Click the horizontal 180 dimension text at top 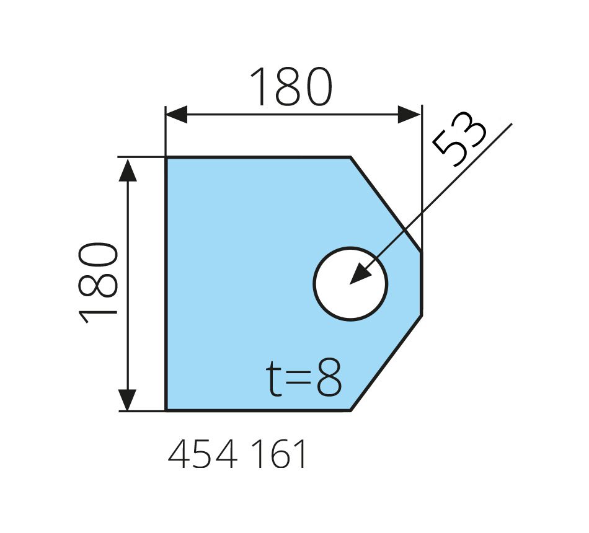(291, 87)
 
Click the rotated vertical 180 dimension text (98, 283)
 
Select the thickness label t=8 (304, 377)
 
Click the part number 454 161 (237, 454)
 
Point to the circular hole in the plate (350, 248)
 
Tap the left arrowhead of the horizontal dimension (176, 114)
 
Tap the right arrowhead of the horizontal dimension (409, 114)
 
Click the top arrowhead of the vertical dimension (128, 170)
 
